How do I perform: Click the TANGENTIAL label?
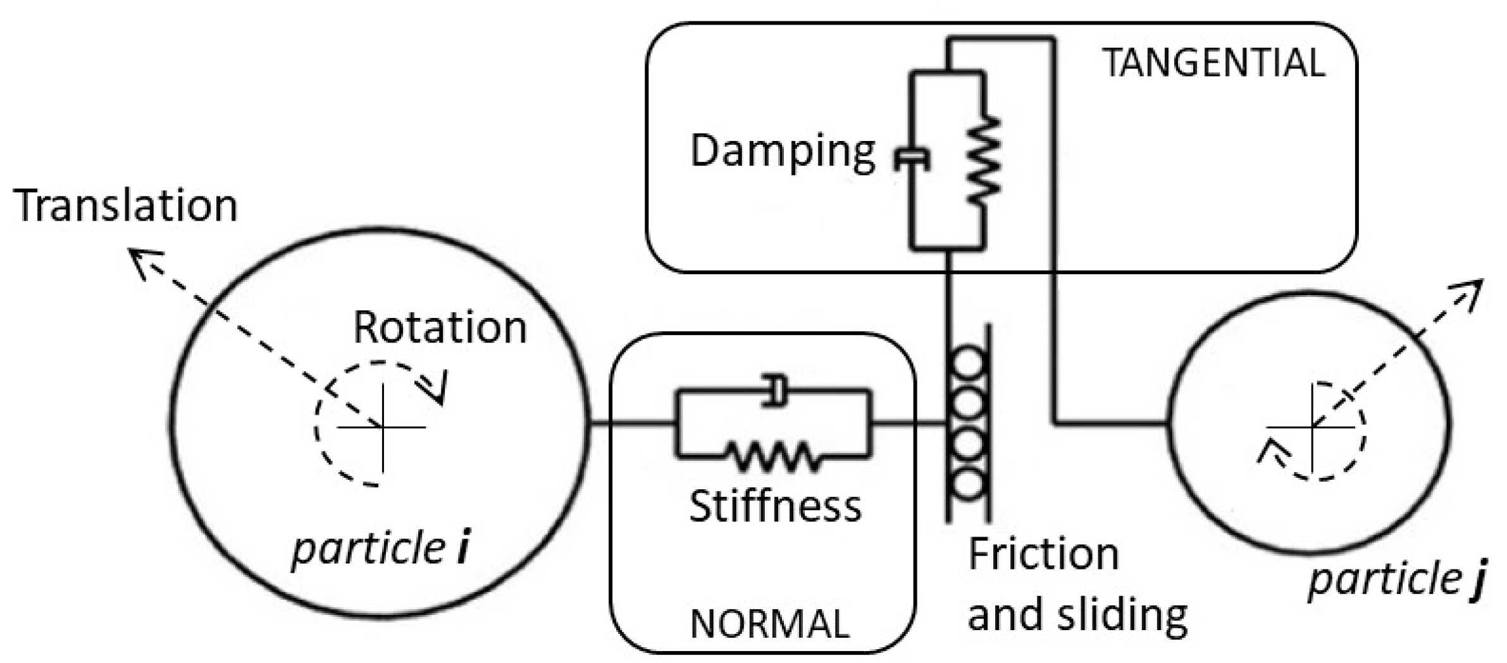(x=1213, y=63)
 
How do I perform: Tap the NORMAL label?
(x=769, y=624)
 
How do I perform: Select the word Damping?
(x=783, y=152)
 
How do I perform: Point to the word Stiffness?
(x=775, y=506)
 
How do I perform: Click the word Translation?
(x=125, y=205)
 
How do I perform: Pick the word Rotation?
(x=440, y=327)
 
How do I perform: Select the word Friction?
(x=1043, y=554)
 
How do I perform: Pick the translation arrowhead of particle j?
(x=1471, y=291)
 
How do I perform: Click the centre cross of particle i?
(x=383, y=428)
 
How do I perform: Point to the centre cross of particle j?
(x=1312, y=427)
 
